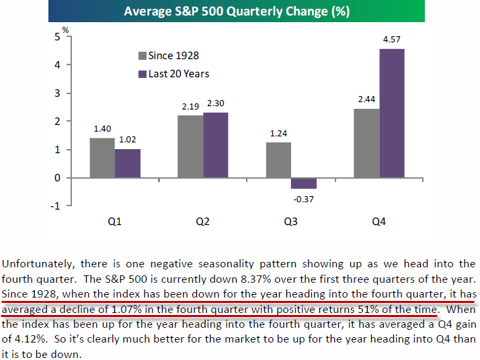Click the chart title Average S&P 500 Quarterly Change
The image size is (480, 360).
(x=239, y=12)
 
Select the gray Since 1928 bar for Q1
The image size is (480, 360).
(x=102, y=158)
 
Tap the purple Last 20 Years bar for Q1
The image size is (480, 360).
(x=128, y=163)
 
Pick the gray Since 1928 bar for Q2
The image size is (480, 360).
(x=190, y=146)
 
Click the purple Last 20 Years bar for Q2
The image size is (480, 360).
(x=216, y=145)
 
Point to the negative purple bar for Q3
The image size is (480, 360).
(x=304, y=183)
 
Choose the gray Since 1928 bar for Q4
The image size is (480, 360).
(x=366, y=143)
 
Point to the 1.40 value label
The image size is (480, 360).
(x=102, y=129)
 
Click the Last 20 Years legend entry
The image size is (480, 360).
(x=173, y=73)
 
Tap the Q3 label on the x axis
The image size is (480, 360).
(x=291, y=222)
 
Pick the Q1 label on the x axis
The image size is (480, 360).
(x=115, y=222)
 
